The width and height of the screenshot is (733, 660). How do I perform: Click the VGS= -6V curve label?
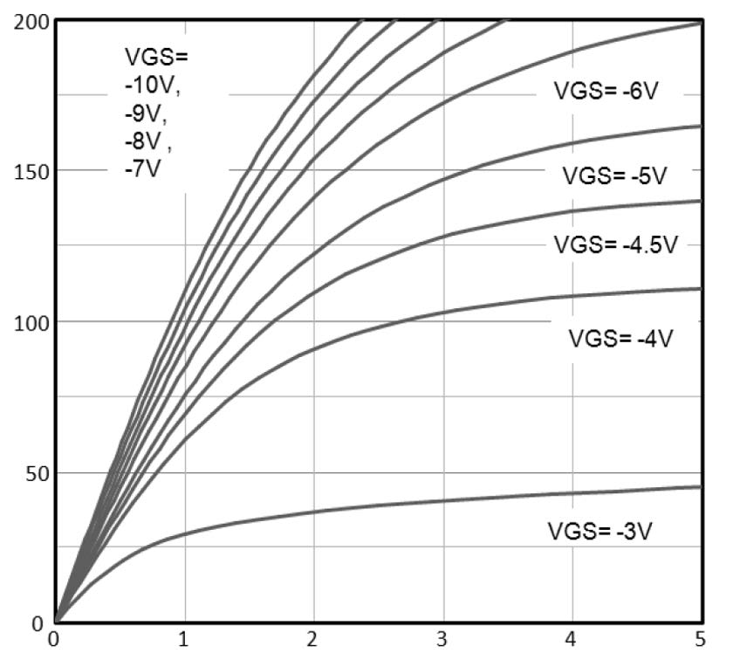coord(604,90)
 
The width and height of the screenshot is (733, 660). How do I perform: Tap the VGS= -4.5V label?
coord(615,244)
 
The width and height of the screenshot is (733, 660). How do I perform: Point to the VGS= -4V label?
coord(621,338)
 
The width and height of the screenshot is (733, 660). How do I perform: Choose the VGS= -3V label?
coord(612,531)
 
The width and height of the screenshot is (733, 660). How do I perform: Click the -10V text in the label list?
coord(156,86)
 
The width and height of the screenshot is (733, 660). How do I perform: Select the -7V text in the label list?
coord(143,168)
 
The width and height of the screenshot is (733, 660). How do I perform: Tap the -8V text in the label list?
coord(145,141)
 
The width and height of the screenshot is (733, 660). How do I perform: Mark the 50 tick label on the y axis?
coord(33,472)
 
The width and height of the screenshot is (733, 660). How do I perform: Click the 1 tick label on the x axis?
coord(184,641)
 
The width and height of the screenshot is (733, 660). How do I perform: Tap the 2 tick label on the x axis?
coord(313,641)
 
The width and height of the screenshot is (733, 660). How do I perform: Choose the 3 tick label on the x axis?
coord(442,641)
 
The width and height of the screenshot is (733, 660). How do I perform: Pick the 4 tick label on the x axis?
coord(572,641)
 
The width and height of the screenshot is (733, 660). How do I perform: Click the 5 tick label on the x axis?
coord(701,641)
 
